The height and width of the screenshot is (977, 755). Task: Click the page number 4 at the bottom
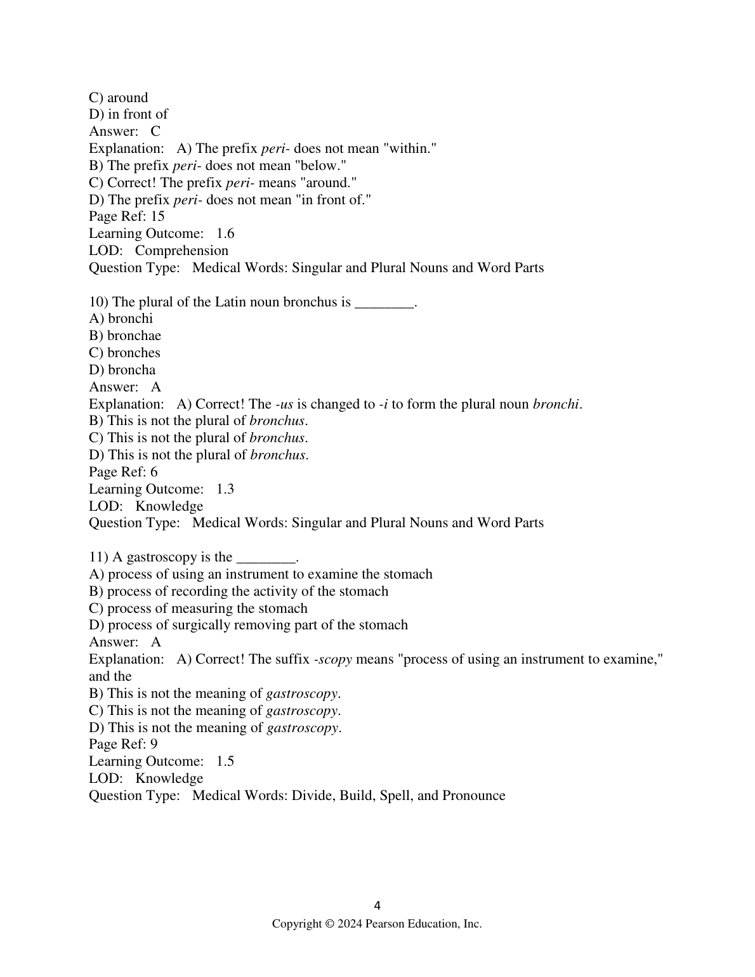(377, 905)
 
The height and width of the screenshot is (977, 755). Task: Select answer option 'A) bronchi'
(121, 318)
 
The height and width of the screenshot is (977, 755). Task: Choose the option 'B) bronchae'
(125, 336)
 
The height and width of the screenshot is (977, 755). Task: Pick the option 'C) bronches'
(124, 353)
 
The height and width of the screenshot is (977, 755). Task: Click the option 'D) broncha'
(122, 370)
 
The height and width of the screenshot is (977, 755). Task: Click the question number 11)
(98, 557)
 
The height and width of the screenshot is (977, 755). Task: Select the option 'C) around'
(119, 98)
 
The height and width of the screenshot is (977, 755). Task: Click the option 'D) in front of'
(128, 114)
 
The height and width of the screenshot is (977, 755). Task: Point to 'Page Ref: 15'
(127, 216)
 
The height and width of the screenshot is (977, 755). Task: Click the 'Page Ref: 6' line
(123, 472)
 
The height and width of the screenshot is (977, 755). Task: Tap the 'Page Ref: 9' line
(123, 744)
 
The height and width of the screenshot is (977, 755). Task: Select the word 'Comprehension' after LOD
(181, 251)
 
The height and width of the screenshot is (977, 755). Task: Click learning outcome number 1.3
(225, 489)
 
